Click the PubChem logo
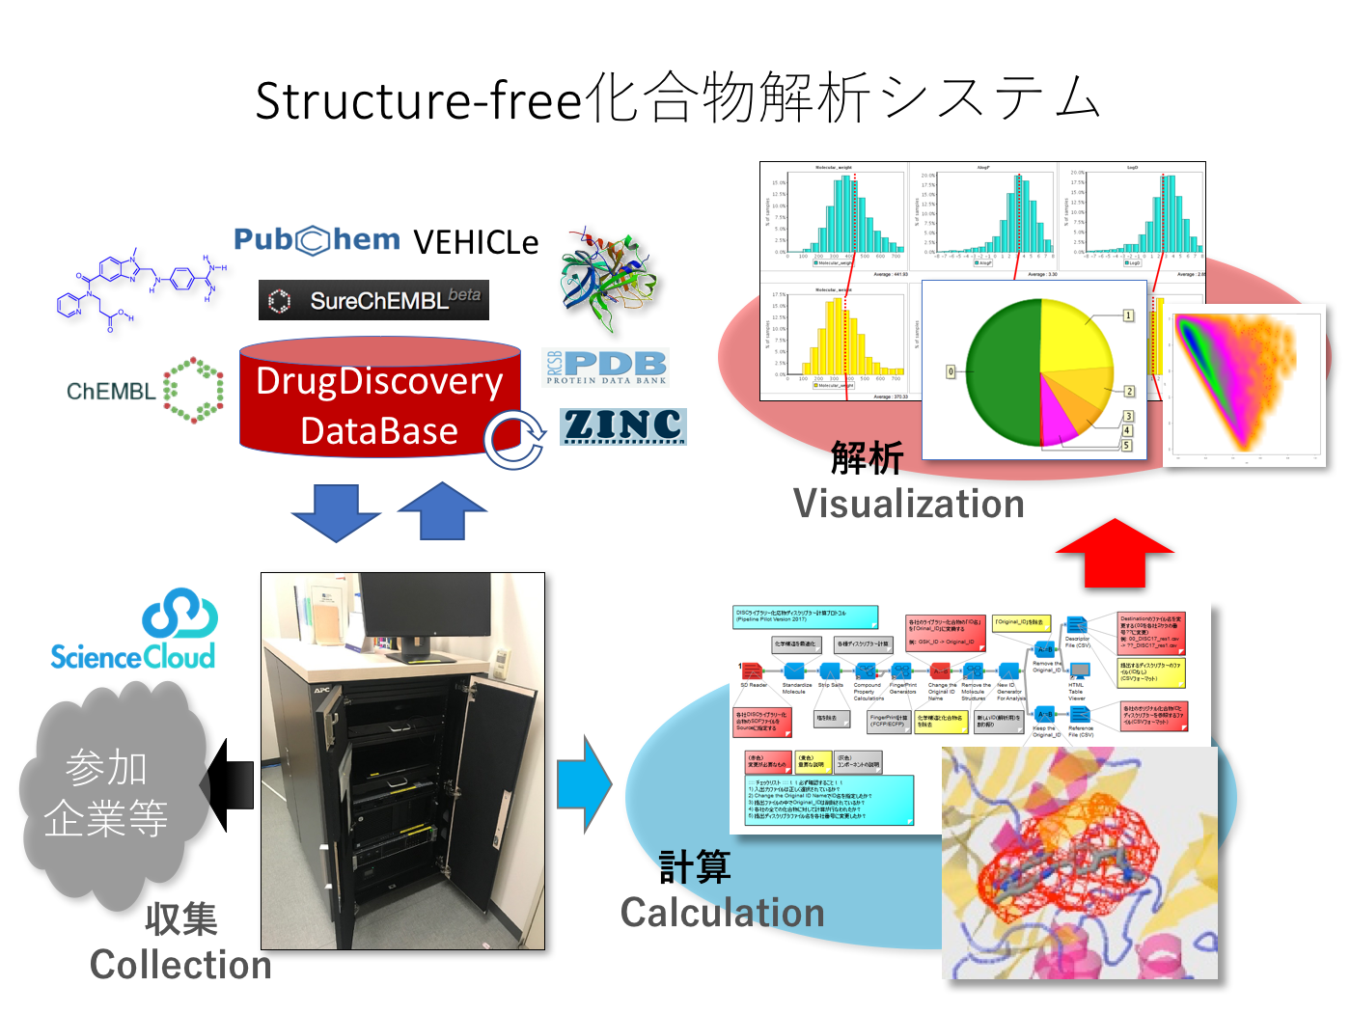pyautogui.click(x=317, y=240)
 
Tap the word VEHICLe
pyautogui.click(x=476, y=243)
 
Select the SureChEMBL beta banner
pyautogui.click(x=373, y=300)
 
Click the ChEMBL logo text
pyautogui.click(x=110, y=392)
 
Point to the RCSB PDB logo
pyautogui.click(x=605, y=368)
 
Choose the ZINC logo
pyautogui.click(x=622, y=425)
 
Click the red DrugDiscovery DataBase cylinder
pyautogui.click(x=379, y=405)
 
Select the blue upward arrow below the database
pyautogui.click(x=442, y=510)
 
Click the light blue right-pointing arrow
pyautogui.click(x=585, y=784)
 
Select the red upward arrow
pyautogui.click(x=1115, y=553)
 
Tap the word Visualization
pyautogui.click(x=908, y=505)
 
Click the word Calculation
pyautogui.click(x=722, y=913)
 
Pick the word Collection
pyautogui.click(x=180, y=965)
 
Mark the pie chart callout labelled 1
pyautogui.click(x=1128, y=315)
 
